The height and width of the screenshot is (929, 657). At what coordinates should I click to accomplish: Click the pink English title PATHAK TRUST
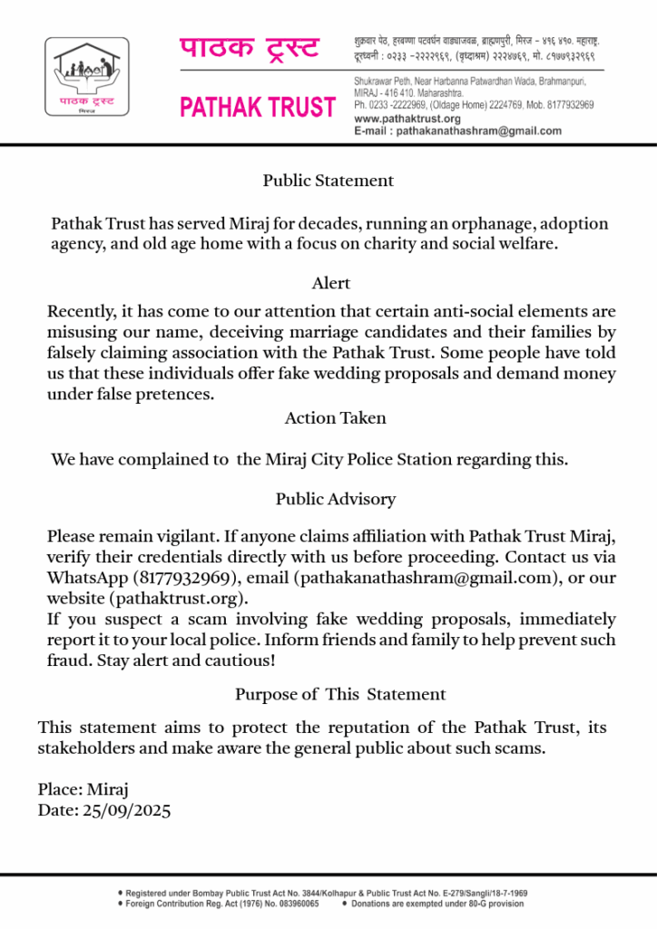pos(258,108)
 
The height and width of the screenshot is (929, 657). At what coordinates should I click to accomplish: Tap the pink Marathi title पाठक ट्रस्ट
pos(249,48)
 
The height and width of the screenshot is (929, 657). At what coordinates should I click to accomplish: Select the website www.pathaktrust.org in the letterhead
pos(407,119)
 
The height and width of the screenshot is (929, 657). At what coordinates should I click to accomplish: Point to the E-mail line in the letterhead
pos(457,131)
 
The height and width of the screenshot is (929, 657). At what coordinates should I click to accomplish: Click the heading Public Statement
pos(328,181)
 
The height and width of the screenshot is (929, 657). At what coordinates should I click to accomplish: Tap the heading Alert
pos(331,284)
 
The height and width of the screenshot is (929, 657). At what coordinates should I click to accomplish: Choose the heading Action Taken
pos(336,418)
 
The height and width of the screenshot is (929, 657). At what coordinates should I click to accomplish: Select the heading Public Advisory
pos(336,499)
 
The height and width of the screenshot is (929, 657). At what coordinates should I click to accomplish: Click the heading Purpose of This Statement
pos(340,695)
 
